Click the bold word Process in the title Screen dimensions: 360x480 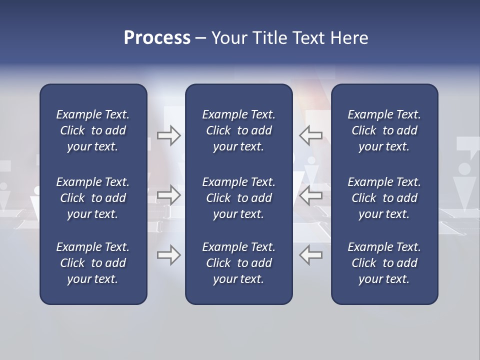coord(157,38)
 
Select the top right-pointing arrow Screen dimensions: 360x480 coord(168,135)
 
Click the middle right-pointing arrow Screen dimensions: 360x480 coord(168,194)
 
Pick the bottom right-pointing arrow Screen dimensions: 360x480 coord(168,255)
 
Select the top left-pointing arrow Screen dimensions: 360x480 coord(311,135)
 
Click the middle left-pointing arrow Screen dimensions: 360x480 coord(311,194)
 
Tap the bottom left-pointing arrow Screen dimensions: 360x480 coord(311,255)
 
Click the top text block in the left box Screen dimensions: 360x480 coord(93,130)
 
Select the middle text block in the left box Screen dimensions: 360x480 coord(93,198)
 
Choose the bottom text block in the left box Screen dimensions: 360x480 coord(93,263)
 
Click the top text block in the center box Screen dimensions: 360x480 coord(238,130)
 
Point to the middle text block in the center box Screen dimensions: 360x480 coord(238,198)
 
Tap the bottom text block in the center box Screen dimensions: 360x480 coord(238,263)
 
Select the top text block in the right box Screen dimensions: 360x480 coord(384,130)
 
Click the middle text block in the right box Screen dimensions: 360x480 coord(384,198)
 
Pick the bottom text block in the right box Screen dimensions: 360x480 coord(384,263)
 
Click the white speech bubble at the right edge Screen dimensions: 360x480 coord(467,145)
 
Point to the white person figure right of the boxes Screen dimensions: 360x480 coord(465,187)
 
